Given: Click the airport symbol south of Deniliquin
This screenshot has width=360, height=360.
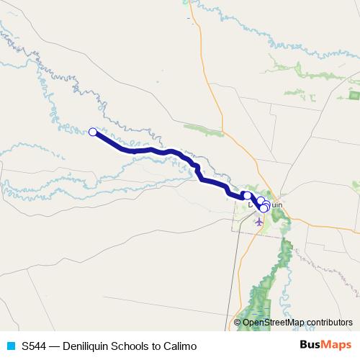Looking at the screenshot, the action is [x=259, y=221].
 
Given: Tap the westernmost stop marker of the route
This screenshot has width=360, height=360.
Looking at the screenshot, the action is [x=92, y=131].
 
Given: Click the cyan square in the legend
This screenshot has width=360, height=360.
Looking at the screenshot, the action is [x=10, y=346].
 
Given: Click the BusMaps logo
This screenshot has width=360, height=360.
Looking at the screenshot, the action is [x=325, y=346].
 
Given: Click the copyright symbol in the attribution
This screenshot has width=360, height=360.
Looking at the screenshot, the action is [x=238, y=323].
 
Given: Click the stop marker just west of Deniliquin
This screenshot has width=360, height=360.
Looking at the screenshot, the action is [x=247, y=195].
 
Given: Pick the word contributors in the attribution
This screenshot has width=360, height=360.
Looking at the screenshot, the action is [x=328, y=323].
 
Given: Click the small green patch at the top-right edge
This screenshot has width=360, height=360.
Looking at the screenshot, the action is [x=354, y=94].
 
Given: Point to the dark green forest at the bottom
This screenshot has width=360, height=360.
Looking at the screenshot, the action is [x=261, y=302].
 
